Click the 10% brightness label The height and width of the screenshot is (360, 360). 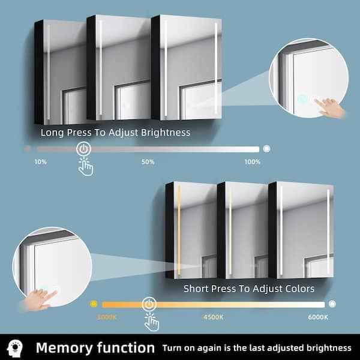coord(41,162)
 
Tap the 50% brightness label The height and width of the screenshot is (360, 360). coord(148,162)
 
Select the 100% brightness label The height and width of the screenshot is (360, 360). coord(253,162)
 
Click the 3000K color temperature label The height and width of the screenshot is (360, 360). coord(107,317)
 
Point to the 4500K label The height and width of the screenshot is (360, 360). coord(213,317)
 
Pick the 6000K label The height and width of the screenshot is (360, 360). coord(318,317)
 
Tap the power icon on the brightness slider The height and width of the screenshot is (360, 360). coord(83,149)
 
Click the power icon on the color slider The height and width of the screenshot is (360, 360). coord(149,304)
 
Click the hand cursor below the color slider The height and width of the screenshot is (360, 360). coord(152,322)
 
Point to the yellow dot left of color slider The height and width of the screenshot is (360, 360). coord(94,304)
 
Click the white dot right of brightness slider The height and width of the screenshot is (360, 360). coord(266,149)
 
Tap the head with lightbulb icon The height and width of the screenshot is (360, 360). coord(15,348)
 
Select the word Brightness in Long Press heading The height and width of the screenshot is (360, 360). coord(166,133)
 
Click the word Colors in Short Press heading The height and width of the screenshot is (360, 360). coord(299,289)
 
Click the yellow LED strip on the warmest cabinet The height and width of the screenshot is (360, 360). coord(179,230)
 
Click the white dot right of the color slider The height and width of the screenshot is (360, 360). coord(332,304)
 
